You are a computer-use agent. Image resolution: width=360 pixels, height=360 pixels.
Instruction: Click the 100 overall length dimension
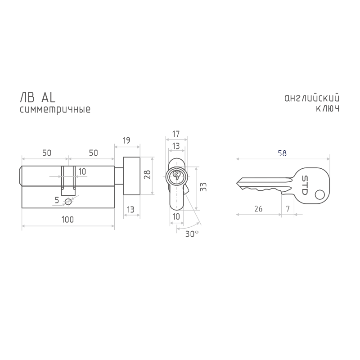point(67,220)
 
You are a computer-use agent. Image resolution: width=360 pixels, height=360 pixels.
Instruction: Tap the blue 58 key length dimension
point(282,153)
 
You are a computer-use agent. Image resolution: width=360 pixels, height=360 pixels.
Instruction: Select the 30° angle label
point(192,234)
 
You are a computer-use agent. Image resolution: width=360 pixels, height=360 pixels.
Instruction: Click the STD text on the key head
point(305,185)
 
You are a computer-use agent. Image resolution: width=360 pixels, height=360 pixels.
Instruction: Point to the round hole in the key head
point(320,195)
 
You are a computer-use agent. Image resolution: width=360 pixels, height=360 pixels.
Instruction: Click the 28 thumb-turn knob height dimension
point(147,175)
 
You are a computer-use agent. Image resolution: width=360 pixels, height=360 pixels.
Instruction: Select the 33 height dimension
point(203,187)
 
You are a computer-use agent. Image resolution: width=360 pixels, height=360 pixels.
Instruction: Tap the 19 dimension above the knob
point(126,140)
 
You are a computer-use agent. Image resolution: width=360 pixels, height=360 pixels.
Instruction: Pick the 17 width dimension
point(176,134)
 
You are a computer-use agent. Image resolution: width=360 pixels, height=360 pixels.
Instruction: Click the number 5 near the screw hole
point(57,200)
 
